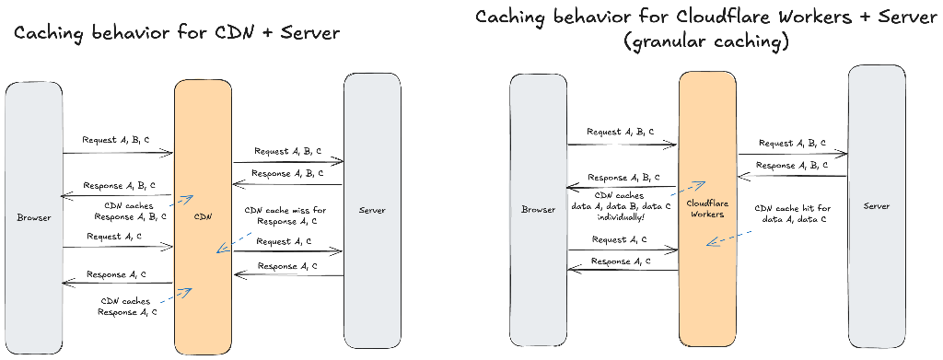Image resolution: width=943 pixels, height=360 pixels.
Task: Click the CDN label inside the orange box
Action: pos(204,217)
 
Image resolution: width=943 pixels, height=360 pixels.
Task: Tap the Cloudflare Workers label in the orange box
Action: pos(707,208)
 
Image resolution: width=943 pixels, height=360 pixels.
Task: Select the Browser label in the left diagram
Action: pos(33,217)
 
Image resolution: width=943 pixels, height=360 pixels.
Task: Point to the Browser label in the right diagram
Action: pos(539,209)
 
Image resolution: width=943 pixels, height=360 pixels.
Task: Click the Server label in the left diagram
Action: pos(372,211)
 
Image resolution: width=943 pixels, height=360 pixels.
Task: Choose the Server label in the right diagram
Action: pos(877,206)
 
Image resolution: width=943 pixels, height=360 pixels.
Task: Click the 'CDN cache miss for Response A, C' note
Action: pos(285,215)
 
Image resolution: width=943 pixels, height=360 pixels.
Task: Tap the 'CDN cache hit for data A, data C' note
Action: pos(792,214)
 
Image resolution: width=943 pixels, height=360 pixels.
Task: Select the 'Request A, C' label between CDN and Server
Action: pos(285,241)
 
